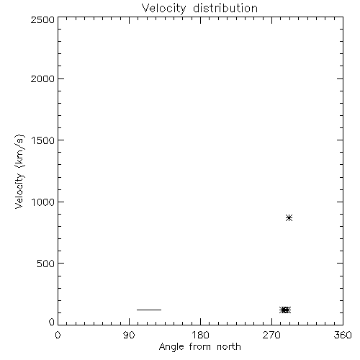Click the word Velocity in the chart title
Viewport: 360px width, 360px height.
coord(164,9)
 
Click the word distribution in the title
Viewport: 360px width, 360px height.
coord(225,8)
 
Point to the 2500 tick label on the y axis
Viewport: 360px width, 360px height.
coord(42,20)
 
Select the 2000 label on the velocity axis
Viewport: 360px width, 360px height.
coord(42,79)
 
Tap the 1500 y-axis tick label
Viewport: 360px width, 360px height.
coord(43,140)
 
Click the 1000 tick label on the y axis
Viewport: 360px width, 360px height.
coord(43,202)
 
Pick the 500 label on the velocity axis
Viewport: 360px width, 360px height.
coord(46,264)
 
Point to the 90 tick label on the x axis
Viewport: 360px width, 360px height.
coord(129,336)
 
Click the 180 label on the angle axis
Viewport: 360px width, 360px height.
coord(200,336)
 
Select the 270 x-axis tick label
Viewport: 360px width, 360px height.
coord(271,336)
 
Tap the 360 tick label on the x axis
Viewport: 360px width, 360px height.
coord(343,336)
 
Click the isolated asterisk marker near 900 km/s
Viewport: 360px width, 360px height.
coord(289,218)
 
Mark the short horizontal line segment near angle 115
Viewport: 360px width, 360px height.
coord(149,310)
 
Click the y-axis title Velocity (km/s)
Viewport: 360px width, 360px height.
coord(19,171)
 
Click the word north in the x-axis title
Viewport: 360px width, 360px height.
coord(229,347)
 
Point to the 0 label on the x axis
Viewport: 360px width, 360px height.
coord(58,336)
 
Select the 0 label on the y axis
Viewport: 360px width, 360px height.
coord(52,322)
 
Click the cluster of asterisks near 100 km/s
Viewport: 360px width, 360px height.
coord(285,310)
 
